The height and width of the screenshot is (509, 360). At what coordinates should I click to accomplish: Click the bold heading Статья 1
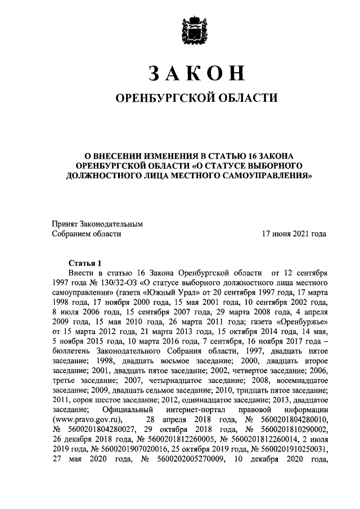pos(84,263)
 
